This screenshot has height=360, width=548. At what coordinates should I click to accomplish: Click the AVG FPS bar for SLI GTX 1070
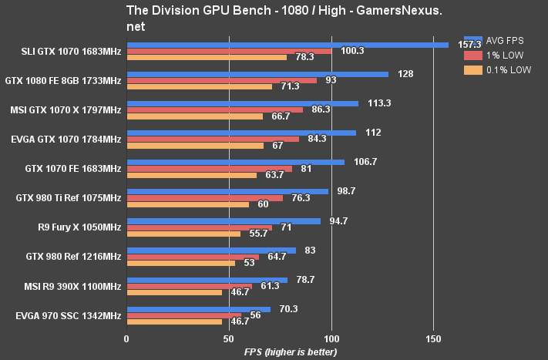(x=287, y=45)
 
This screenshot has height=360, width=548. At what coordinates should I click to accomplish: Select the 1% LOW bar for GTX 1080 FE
(x=221, y=80)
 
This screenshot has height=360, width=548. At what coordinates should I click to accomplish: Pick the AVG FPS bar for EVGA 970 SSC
(x=198, y=309)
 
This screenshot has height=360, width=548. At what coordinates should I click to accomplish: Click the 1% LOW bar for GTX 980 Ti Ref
(x=204, y=198)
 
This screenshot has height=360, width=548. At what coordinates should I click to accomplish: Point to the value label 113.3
(x=379, y=103)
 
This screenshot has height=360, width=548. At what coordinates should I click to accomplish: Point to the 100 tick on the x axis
(x=331, y=338)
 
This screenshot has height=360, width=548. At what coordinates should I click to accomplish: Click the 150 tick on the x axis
(x=434, y=338)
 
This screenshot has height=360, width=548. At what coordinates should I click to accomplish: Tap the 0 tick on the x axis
(x=127, y=338)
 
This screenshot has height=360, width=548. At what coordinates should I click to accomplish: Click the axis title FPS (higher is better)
(x=291, y=352)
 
